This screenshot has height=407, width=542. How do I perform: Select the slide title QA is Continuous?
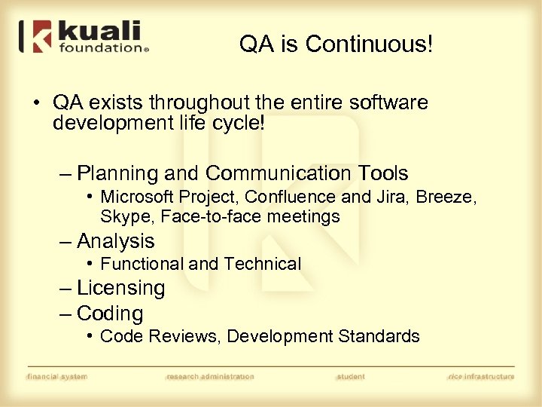(336, 44)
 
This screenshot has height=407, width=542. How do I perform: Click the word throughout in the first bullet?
(189, 103)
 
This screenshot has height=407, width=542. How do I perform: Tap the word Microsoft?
(139, 197)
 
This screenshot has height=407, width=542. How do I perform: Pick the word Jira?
(367, 197)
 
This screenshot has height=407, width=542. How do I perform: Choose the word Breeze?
(445, 197)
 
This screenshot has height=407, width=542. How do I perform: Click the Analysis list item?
(115, 241)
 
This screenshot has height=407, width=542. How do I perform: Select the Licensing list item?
(120, 288)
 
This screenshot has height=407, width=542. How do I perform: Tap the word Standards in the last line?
(382, 336)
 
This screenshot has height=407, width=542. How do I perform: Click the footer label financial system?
(56, 376)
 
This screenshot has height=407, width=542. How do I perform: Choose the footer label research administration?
(210, 376)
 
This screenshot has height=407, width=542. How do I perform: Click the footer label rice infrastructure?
(480, 376)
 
